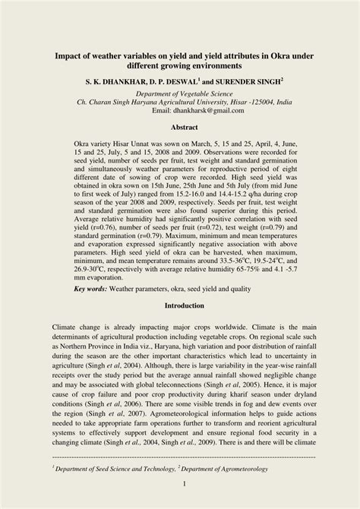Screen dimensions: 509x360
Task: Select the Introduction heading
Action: point(179,305)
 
